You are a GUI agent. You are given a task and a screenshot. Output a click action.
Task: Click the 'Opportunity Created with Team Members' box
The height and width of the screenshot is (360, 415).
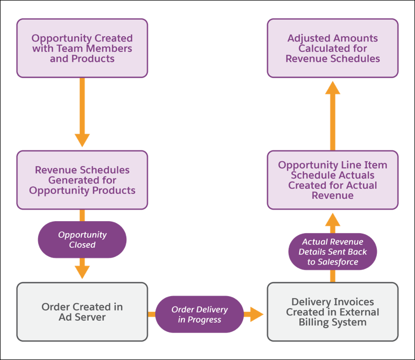coord(82,48)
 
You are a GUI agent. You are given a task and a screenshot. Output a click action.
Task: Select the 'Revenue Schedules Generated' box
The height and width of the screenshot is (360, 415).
coord(82,180)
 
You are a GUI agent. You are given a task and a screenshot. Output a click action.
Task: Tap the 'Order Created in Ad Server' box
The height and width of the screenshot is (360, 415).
coord(82,312)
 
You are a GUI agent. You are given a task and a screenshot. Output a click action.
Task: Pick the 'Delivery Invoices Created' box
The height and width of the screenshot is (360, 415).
coord(333,312)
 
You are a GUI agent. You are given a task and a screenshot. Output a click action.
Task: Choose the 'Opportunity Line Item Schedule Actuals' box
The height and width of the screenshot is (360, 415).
coord(333,180)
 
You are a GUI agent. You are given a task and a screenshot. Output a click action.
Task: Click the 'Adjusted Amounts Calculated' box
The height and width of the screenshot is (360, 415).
coord(333,48)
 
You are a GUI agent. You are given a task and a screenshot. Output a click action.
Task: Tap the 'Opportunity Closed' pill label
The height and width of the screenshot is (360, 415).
coord(82,239)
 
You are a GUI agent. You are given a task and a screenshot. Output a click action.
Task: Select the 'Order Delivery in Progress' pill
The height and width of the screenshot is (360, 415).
coord(199,314)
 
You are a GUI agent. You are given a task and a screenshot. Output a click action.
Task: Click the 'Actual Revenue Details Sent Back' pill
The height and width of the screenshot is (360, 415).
coord(333,252)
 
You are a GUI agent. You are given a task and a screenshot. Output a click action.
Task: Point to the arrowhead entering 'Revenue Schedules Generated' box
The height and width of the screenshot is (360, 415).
coord(82,140)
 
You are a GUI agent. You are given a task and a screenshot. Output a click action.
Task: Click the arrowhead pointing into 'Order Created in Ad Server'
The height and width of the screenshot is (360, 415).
coord(82,272)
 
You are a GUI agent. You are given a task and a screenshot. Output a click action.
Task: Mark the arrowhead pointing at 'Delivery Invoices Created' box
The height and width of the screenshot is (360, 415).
coord(255,314)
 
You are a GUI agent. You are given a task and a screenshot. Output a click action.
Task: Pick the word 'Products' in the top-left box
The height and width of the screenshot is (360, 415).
coord(97,59)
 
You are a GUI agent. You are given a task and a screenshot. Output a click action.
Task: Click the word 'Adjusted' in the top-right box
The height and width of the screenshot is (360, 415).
coord(307,38)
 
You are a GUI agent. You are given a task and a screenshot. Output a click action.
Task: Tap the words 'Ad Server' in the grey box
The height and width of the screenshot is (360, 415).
coord(82,317)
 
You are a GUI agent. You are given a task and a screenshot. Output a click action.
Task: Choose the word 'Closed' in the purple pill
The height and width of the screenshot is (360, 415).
coord(82,245)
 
